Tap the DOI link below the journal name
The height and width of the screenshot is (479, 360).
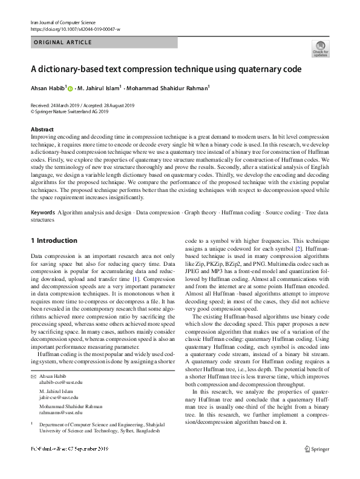pyautogui.click(x=75, y=29)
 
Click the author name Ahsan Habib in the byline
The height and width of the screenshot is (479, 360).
pyautogui.click(x=48, y=88)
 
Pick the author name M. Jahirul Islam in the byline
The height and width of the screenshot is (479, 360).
pyautogui.click(x=99, y=88)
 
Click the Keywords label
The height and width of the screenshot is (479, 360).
pyautogui.click(x=43, y=213)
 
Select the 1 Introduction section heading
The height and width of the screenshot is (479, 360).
pyautogui.click(x=54, y=240)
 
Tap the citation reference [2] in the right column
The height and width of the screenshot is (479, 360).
pyautogui.click(x=298, y=249)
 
